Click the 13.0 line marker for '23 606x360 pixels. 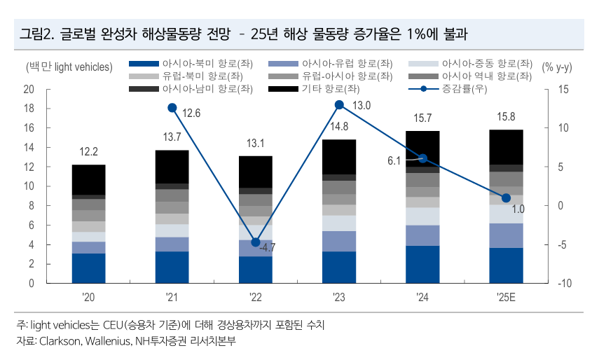(339, 105)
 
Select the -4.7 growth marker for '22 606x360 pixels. (256, 242)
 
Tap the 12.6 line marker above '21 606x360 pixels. (172, 108)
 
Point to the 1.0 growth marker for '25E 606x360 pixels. (507, 198)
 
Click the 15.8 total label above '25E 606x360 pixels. (507, 117)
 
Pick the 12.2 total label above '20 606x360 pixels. (88, 152)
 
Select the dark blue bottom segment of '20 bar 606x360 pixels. (88, 268)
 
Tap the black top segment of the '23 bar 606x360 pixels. (339, 157)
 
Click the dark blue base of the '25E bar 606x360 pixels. (507, 265)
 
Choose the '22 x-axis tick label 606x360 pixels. (256, 298)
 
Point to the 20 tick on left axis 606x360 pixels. (29, 90)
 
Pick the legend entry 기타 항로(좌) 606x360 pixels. (330, 89)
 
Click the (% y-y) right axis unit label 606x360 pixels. (557, 67)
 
